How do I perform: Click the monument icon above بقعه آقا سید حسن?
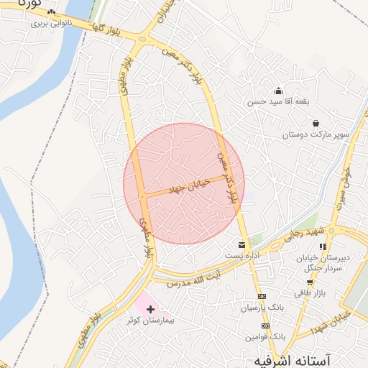point(278,91)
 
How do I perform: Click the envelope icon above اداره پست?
point(240,245)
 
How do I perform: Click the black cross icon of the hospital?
point(149,309)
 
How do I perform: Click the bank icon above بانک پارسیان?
point(262,297)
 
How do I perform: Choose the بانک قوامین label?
point(264,336)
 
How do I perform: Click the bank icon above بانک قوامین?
point(266,326)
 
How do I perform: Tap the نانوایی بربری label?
point(48,23)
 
